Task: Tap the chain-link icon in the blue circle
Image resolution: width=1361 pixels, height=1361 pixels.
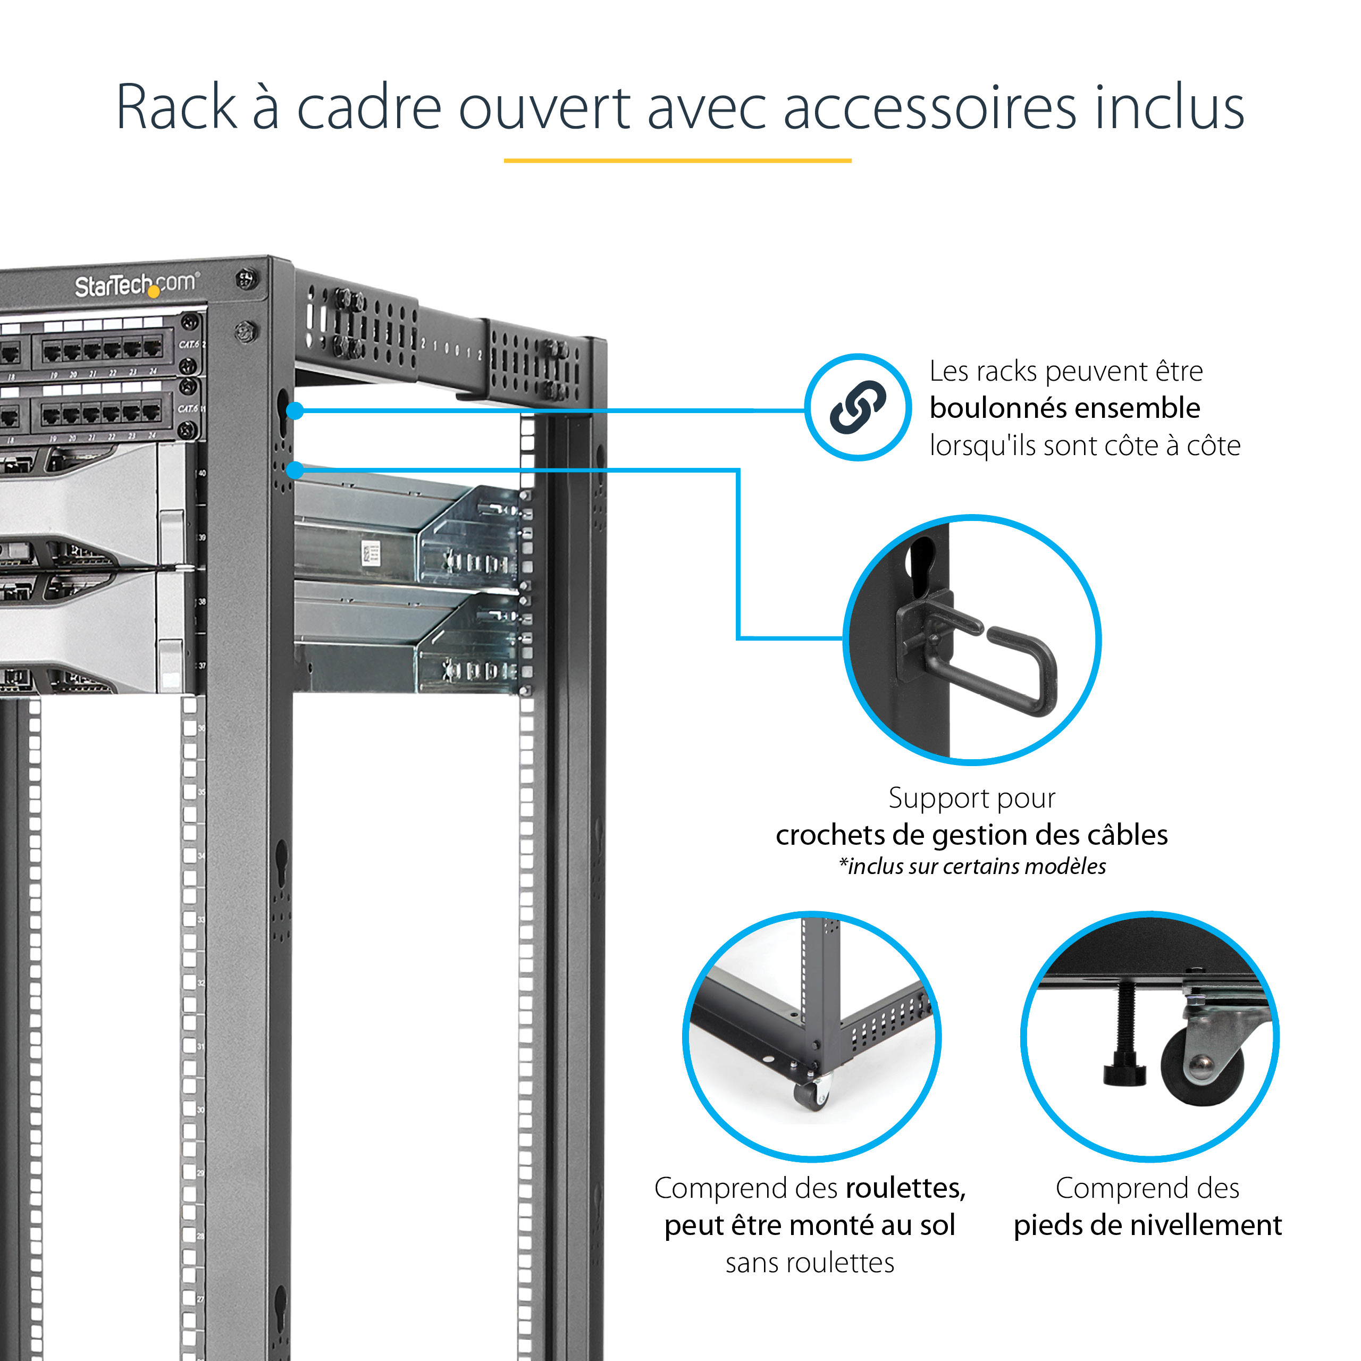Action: (x=858, y=407)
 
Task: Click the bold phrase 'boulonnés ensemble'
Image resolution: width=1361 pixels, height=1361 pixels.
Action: (x=1064, y=408)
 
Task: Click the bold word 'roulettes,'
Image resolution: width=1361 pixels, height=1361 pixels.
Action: (x=905, y=1188)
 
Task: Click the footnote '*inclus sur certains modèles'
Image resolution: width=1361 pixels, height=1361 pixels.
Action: (x=972, y=866)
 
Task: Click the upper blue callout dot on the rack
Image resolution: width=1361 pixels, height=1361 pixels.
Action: (x=295, y=411)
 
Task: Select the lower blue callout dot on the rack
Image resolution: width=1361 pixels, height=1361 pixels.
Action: (x=295, y=470)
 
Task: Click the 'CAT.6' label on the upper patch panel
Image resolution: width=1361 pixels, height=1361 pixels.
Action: (x=188, y=345)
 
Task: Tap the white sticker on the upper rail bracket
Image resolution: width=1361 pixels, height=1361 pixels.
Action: (x=370, y=552)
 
